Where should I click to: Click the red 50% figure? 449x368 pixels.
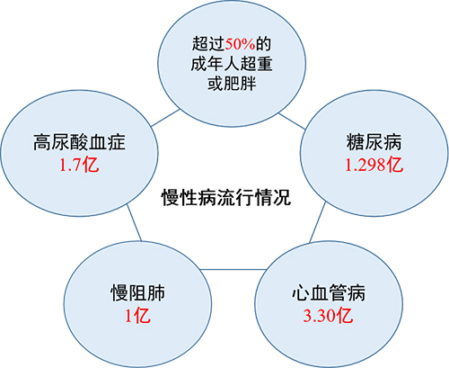pos(240,44)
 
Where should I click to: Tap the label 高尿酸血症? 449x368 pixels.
pos(79,142)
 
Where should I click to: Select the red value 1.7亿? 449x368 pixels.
pos(79,165)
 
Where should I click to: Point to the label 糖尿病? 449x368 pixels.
pos(374,142)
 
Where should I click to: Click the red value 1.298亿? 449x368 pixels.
pos(374,165)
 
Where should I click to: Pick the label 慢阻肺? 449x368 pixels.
pos(137,292)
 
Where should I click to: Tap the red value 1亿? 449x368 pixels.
pos(137,316)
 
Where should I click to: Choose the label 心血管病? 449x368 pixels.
pos(329,292)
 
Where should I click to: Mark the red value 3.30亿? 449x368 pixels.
pos(329,316)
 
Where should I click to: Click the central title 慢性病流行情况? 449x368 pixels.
pos(226,198)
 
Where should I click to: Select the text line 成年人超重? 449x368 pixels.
pos(232,64)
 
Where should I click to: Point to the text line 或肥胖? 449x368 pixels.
pos(232,83)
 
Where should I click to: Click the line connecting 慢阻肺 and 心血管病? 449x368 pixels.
pos(233,269)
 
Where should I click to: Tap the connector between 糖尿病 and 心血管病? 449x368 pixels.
pos(317,222)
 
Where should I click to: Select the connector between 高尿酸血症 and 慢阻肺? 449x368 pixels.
pos(134,222)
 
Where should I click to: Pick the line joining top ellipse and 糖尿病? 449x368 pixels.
pos(292,121)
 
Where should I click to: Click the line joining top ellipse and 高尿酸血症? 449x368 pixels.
pos(165,118)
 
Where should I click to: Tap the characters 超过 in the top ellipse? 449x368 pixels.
pos(208,44)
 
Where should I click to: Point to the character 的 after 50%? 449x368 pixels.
pos(263,44)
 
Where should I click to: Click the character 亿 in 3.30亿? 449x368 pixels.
pos(345,316)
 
